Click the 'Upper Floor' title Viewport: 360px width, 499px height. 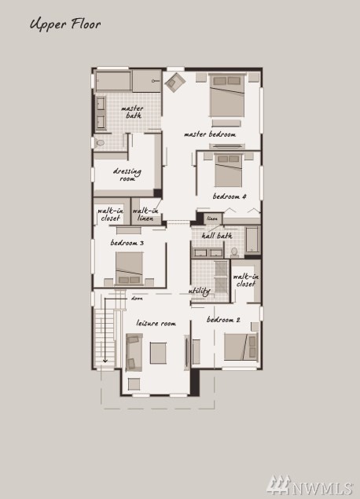pyautogui.click(x=65, y=24)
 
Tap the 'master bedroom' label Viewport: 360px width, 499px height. pyautogui.click(x=210, y=134)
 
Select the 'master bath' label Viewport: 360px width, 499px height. pyautogui.click(x=132, y=112)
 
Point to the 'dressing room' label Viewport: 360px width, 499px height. pyautogui.click(x=127, y=174)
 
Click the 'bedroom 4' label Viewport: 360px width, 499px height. pyautogui.click(x=230, y=196)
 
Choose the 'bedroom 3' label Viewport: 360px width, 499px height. pyautogui.click(x=127, y=243)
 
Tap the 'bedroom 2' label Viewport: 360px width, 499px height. pyautogui.click(x=223, y=320)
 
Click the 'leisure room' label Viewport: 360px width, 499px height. pyautogui.click(x=156, y=323)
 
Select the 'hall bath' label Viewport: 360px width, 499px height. pyautogui.click(x=217, y=236)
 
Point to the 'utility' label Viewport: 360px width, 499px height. pyautogui.click(x=200, y=292)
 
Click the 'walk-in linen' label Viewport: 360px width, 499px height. pyautogui.click(x=145, y=215)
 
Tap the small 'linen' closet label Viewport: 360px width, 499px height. pyautogui.click(x=212, y=218)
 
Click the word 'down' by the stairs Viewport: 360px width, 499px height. pyautogui.click(x=137, y=299)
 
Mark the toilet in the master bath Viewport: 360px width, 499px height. pyautogui.click(x=100, y=142)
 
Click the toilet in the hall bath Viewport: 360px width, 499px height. pyautogui.click(x=234, y=252)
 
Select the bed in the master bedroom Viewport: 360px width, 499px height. pyautogui.click(x=227, y=95)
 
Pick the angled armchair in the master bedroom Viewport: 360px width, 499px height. pyautogui.click(x=174, y=83)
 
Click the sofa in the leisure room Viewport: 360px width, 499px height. pyautogui.click(x=134, y=352)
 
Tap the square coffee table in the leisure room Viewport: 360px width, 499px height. pyautogui.click(x=158, y=353)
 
